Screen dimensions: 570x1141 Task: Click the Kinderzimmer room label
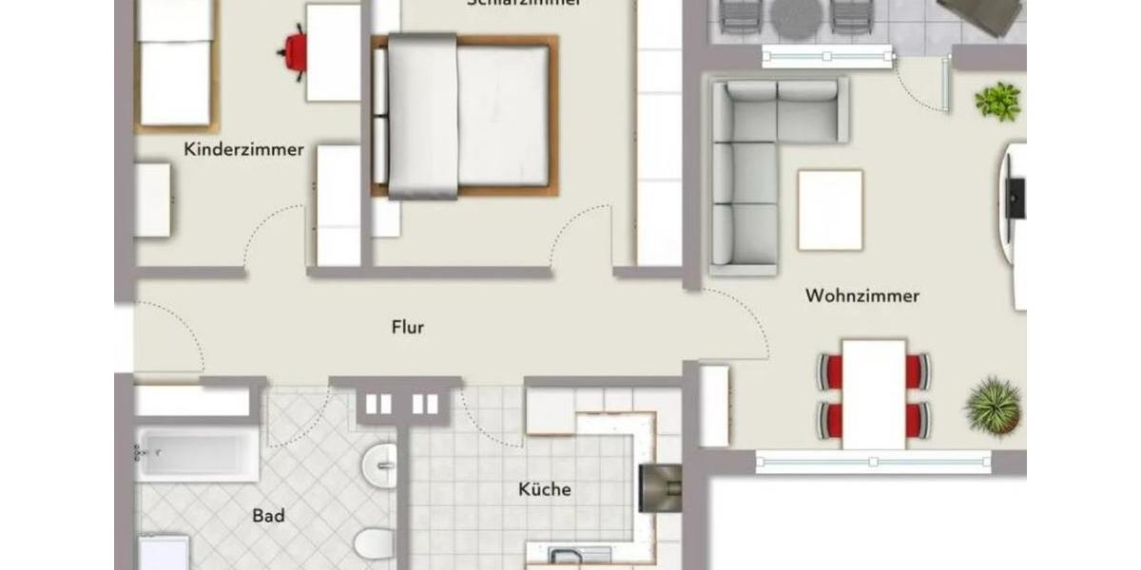[x=244, y=149]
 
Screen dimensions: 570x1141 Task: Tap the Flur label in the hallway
[x=408, y=328]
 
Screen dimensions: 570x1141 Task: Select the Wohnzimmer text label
[x=862, y=295]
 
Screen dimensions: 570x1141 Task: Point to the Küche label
[x=545, y=489]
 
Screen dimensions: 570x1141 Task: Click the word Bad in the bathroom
[x=269, y=516]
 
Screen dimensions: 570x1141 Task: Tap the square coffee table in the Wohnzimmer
[x=830, y=209]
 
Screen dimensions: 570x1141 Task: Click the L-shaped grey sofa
[x=751, y=161]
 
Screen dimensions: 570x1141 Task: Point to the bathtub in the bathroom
[x=197, y=454]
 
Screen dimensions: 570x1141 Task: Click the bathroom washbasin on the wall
[x=380, y=465]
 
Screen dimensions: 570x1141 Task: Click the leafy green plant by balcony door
[x=997, y=101]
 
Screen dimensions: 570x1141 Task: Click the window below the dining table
[x=873, y=462]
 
